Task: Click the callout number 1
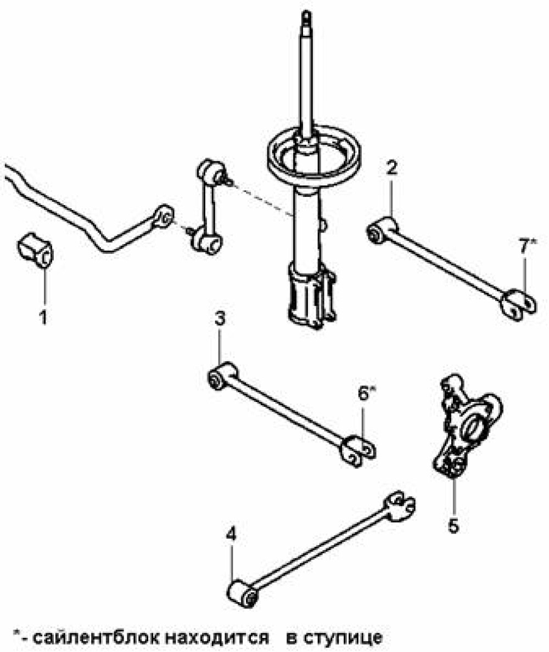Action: (x=43, y=318)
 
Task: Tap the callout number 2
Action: (x=391, y=168)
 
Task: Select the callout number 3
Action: (x=220, y=319)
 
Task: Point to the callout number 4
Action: (x=231, y=534)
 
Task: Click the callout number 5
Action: (x=453, y=526)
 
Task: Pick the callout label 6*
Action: (x=366, y=393)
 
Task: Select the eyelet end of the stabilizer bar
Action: (x=164, y=216)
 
